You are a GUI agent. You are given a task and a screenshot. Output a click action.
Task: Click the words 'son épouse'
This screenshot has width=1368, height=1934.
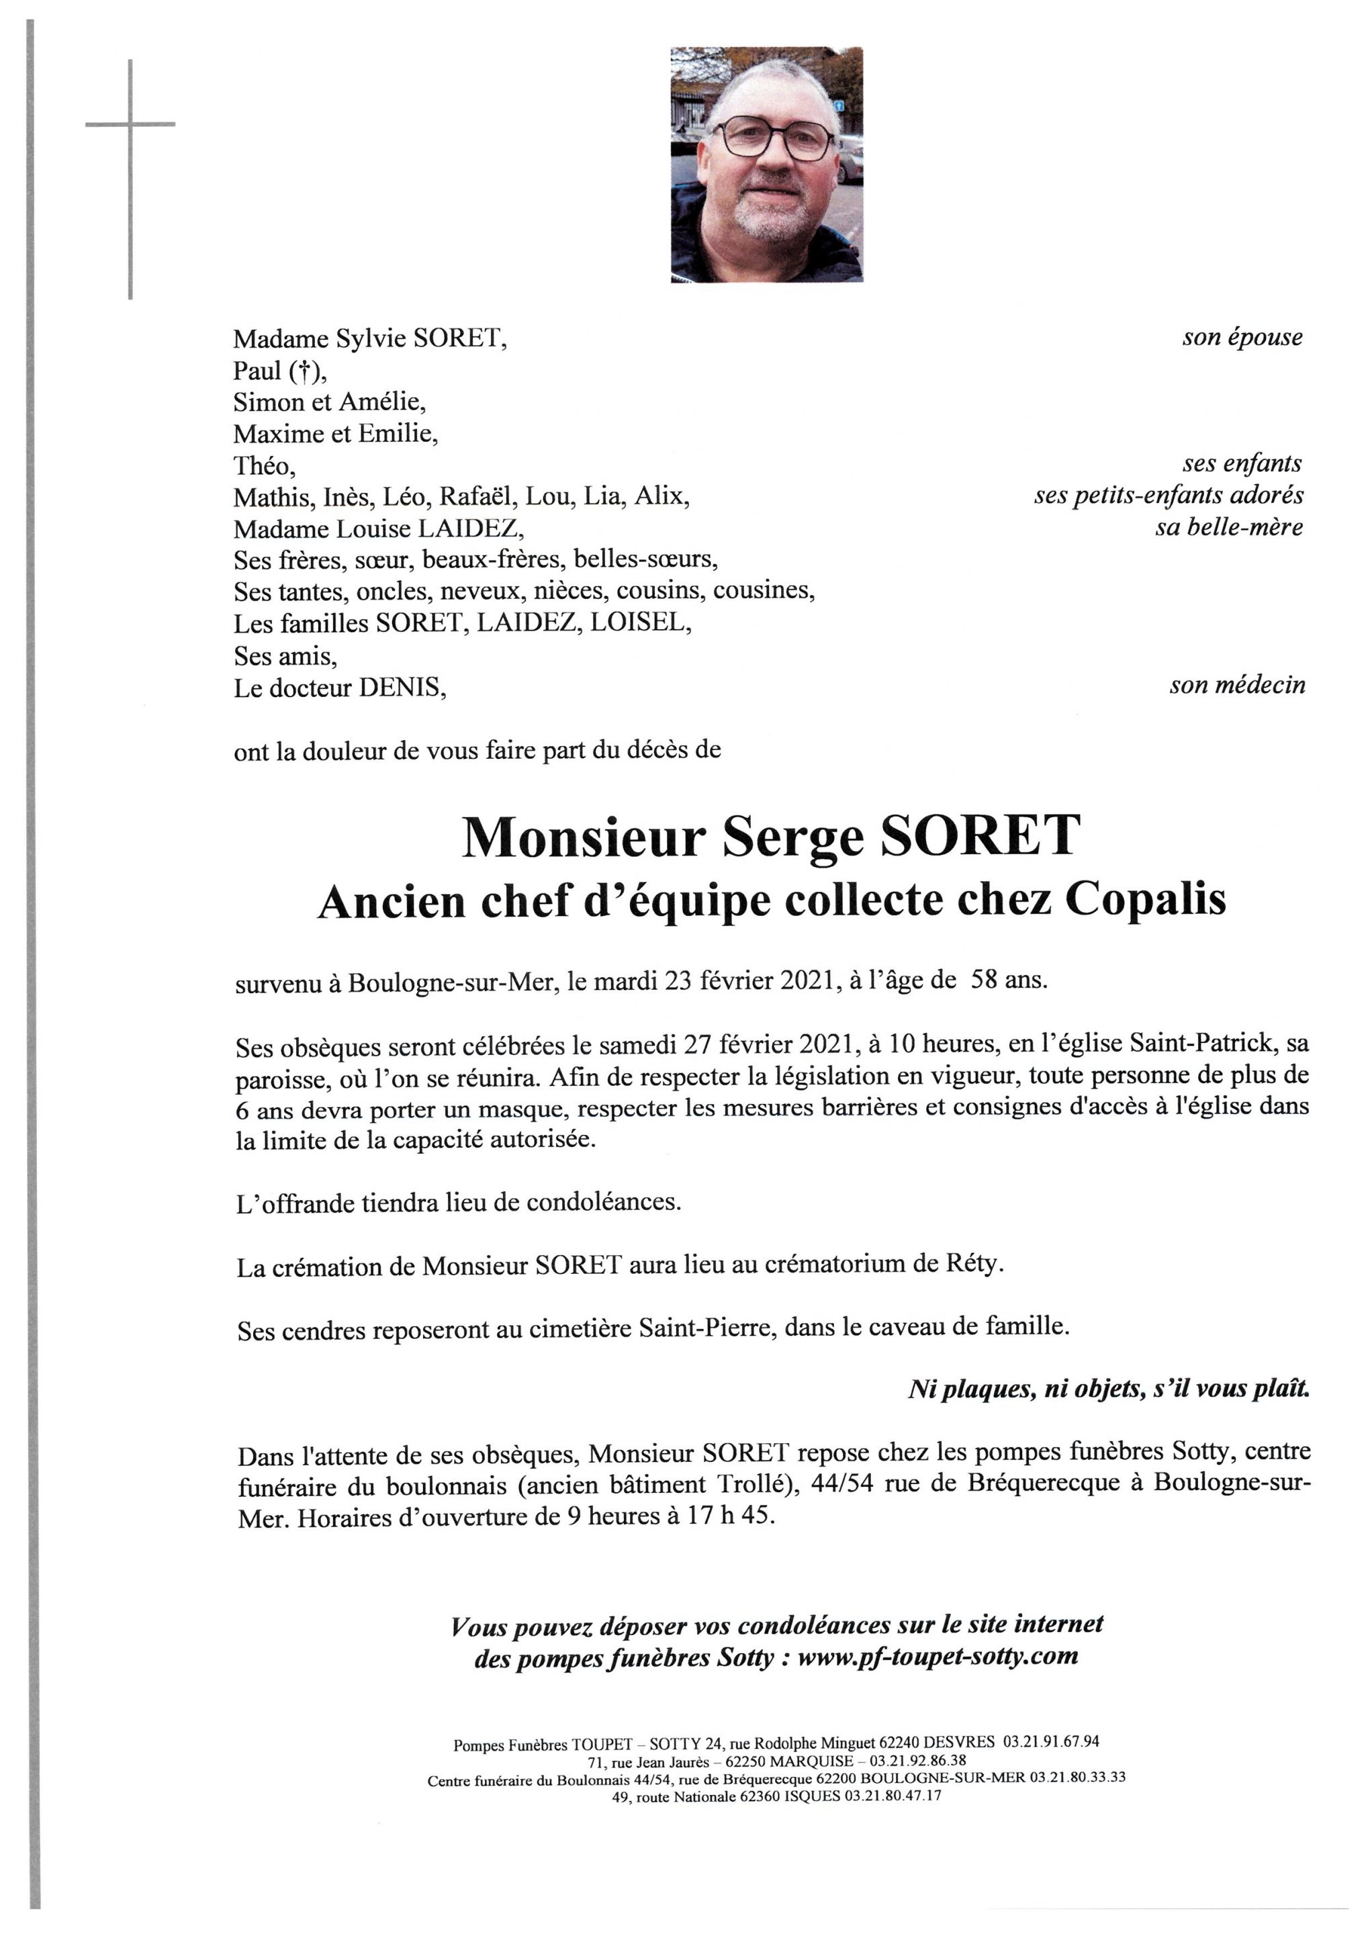pyautogui.click(x=1242, y=338)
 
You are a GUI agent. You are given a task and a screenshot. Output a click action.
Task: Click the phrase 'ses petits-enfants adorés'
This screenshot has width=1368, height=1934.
pyautogui.click(x=1169, y=496)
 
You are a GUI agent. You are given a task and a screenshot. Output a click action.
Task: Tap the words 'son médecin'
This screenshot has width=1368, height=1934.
pyautogui.click(x=1236, y=686)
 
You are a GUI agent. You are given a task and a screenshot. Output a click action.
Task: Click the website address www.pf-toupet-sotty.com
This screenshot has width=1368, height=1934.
pyautogui.click(x=938, y=1656)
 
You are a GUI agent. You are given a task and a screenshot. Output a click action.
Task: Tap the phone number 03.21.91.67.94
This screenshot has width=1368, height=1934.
pyautogui.click(x=1050, y=1742)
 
